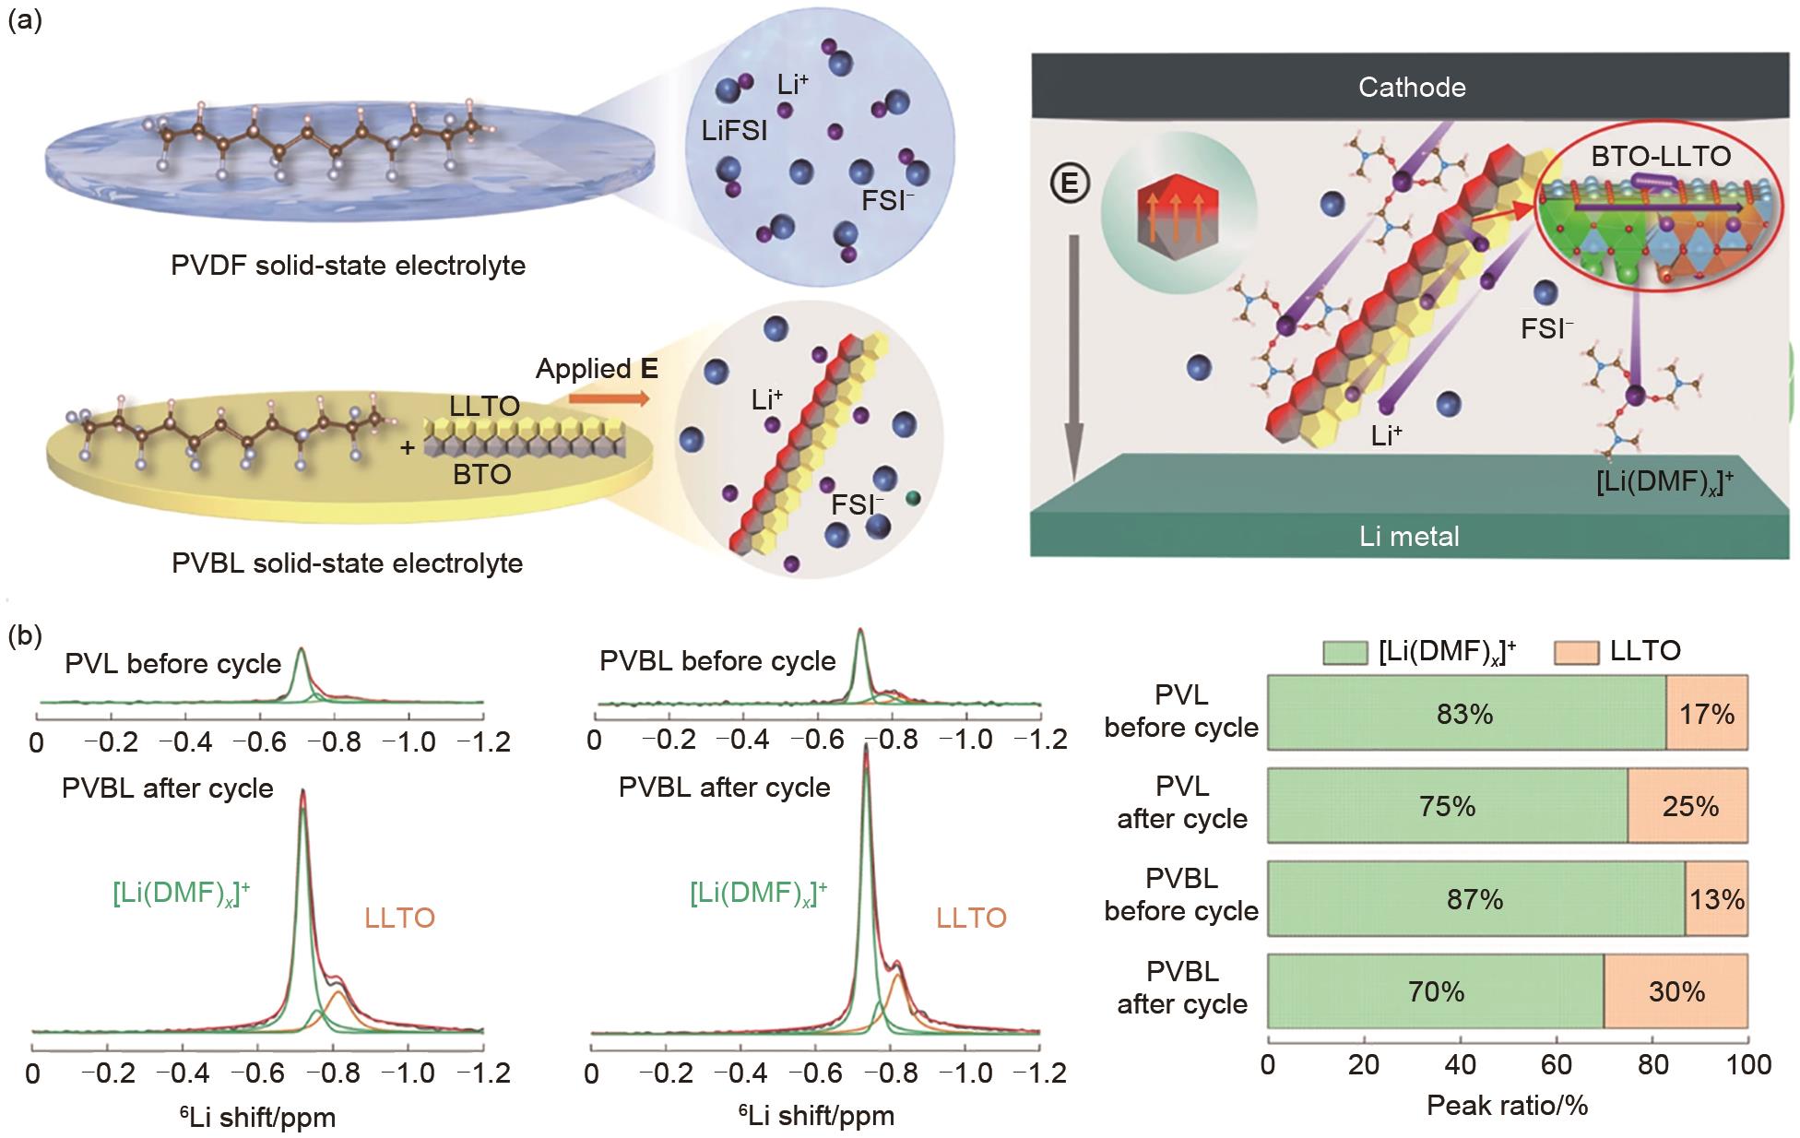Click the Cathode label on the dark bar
coord(1411,88)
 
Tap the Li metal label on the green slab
coord(1409,536)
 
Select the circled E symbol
coord(1070,185)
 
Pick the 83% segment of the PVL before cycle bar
coord(1466,714)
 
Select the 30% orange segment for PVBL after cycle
coord(1676,991)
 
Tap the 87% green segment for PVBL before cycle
coord(1475,899)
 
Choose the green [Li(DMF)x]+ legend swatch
coord(1344,652)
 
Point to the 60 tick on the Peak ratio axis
coord(1557,1065)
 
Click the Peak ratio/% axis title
coord(1507,1105)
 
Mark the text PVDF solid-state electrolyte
coord(348,266)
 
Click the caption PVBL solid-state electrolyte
coord(347,563)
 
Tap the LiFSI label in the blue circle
coord(733,131)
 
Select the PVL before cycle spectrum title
coord(172,664)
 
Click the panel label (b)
coord(25,637)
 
